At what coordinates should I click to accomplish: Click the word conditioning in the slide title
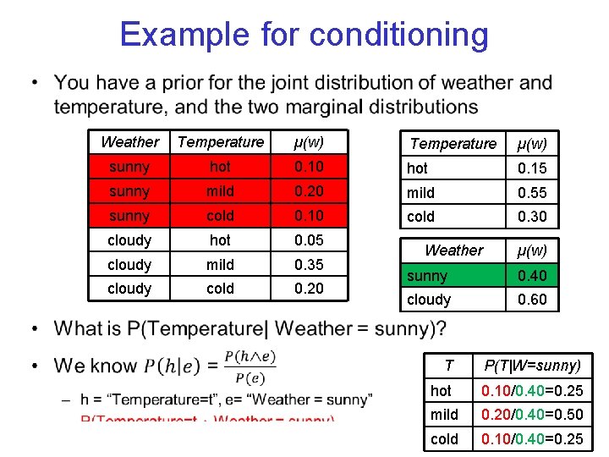pos(398,35)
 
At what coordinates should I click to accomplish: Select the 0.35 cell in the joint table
pos(308,264)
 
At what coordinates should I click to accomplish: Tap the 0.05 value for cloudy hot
pos(308,240)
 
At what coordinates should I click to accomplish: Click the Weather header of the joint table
pos(129,142)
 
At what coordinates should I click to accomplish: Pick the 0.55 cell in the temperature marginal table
pos(532,192)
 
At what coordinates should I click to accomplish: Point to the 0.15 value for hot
pos(532,168)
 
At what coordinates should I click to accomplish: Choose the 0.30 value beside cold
pos(532,217)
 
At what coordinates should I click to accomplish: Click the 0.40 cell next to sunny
pos(532,275)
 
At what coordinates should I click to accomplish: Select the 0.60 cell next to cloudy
pos(532,299)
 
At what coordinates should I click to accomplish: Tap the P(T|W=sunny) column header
pos(532,366)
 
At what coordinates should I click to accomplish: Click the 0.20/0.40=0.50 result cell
pos(532,415)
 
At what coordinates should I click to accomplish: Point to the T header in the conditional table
pos(448,366)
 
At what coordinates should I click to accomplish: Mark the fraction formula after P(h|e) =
pos(250,366)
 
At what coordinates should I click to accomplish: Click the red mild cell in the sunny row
pos(220,191)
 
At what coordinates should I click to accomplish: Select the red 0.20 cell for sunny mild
pos(308,191)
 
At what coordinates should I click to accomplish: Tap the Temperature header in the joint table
pos(220,142)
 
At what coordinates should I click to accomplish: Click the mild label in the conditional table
pos(444,415)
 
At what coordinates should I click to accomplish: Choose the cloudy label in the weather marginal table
pos(429,299)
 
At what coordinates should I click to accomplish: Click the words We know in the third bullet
pos(95,366)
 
